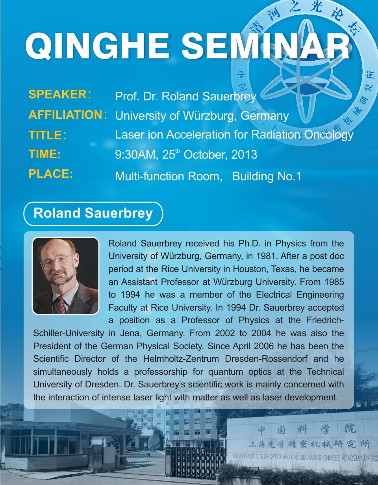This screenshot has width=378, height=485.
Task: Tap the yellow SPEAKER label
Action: pyautogui.click(x=57, y=94)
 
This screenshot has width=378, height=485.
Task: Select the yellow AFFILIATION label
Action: pyautogui.click(x=65, y=115)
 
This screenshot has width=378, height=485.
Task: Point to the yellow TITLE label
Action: pyautogui.click(x=45, y=135)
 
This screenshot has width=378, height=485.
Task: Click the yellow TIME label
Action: pyautogui.click(x=44, y=154)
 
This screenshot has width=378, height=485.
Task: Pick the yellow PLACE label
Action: pyautogui.click(x=50, y=174)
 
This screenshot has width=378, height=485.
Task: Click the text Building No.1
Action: pyautogui.click(x=267, y=176)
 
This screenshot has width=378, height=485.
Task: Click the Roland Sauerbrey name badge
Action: pyautogui.click(x=93, y=213)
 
